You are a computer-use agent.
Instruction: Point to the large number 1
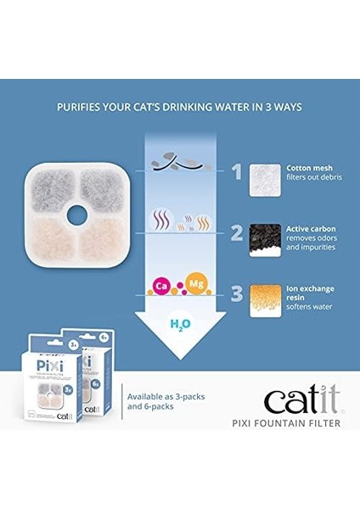tap(237, 172)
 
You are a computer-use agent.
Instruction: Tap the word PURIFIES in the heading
tap(82, 107)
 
